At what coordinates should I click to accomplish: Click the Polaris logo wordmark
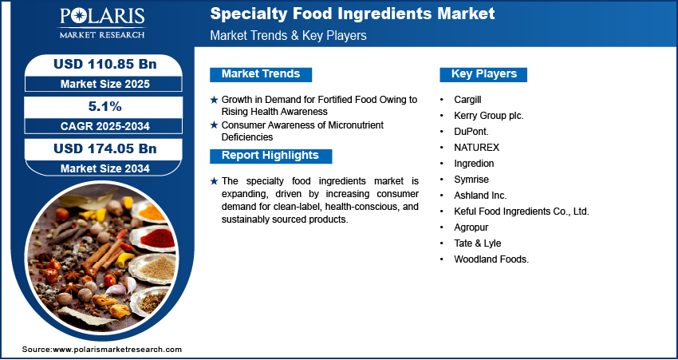102,18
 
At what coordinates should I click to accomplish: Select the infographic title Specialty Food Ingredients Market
353,14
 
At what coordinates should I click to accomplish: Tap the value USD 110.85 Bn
104,64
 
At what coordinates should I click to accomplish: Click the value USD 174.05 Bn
104,148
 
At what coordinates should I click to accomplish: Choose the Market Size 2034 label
105,168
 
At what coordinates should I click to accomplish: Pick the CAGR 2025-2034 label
105,126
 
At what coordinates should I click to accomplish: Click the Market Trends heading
261,73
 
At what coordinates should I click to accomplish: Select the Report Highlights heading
270,156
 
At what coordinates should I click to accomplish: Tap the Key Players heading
484,73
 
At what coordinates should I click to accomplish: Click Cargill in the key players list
468,100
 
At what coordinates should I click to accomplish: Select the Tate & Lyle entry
477,243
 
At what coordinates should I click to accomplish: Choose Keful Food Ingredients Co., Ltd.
522,212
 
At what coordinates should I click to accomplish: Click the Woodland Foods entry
491,259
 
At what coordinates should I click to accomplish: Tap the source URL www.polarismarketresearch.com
117,350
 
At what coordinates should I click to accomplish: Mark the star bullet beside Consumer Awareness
214,125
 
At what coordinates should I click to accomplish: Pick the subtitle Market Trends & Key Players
289,35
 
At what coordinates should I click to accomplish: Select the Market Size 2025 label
105,84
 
